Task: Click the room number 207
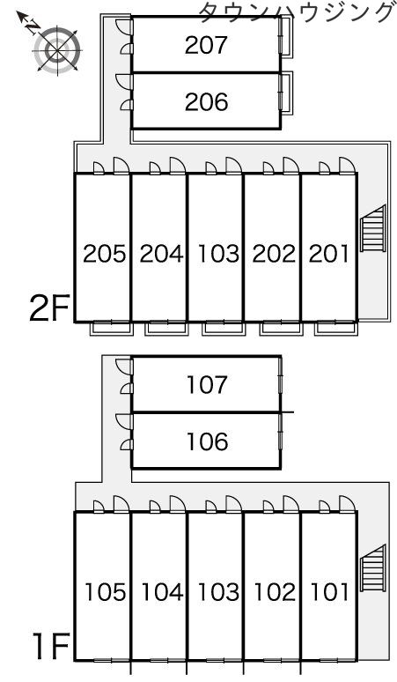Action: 206,45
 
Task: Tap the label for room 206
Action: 206,102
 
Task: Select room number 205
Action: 104,254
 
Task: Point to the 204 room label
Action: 161,254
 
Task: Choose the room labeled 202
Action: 274,254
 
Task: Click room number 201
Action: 329,254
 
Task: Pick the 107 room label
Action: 207,385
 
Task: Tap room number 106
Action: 207,441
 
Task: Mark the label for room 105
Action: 105,592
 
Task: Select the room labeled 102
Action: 275,592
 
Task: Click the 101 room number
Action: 330,592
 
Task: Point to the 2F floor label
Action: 49,308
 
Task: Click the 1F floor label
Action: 51,647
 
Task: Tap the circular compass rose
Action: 57,50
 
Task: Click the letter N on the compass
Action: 32,27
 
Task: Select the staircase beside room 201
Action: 373,229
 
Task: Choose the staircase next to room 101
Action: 373,568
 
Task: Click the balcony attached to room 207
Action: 286,36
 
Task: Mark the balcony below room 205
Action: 110,328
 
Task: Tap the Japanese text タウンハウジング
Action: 296,11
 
